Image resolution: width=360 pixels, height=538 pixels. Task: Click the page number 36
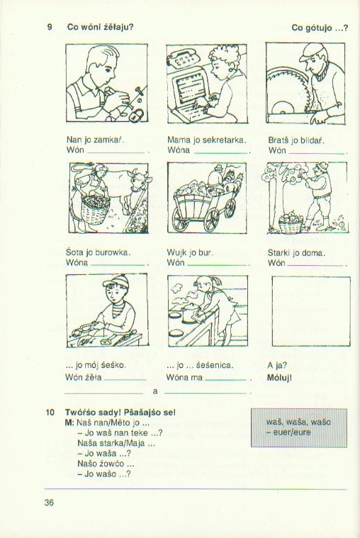tap(49, 503)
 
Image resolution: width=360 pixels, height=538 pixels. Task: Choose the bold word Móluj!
tap(279, 378)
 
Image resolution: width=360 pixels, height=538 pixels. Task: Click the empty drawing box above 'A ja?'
tap(311, 312)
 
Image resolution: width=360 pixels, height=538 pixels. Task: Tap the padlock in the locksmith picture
tap(137, 115)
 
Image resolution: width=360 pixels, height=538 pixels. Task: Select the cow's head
tap(139, 182)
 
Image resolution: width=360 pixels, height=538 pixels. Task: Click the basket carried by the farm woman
tap(96, 209)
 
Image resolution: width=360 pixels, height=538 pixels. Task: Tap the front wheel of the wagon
tap(211, 220)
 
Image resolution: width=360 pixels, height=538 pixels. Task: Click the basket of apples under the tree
tap(291, 223)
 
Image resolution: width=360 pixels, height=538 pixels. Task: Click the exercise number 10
tap(50, 412)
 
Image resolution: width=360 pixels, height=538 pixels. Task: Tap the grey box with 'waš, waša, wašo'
tap(299, 427)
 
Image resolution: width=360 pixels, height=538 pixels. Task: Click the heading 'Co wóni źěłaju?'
tap(100, 27)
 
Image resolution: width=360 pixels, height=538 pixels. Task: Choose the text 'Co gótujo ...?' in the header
tap(320, 28)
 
